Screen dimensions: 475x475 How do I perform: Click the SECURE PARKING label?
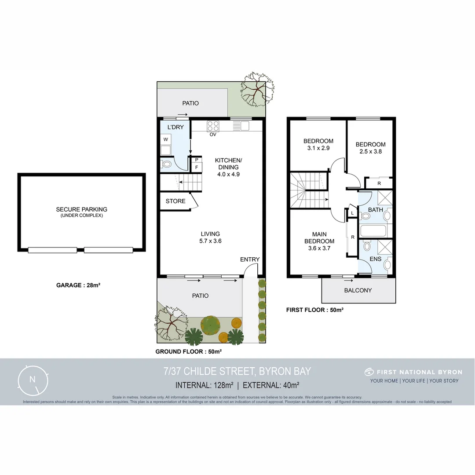click(x=81, y=209)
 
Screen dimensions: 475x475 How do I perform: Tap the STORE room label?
click(x=175, y=201)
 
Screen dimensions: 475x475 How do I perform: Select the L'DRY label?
click(x=175, y=128)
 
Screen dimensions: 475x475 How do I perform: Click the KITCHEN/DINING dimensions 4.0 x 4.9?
click(x=228, y=174)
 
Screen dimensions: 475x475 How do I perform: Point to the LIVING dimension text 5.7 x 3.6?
click(x=210, y=241)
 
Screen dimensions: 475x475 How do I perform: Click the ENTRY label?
click(x=250, y=259)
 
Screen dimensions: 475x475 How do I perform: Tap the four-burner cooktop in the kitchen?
click(x=213, y=125)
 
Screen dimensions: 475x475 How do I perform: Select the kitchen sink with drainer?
click(x=241, y=126)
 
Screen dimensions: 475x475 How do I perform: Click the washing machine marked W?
click(x=166, y=139)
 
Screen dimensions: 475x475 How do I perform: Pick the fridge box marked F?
click(x=197, y=167)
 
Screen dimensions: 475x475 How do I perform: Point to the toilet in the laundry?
click(x=166, y=164)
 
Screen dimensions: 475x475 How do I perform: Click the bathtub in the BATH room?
click(x=373, y=230)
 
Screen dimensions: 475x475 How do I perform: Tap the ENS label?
click(x=375, y=259)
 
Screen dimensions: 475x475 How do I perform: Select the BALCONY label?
click(x=358, y=290)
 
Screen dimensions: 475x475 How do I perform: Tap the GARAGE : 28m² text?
click(x=78, y=285)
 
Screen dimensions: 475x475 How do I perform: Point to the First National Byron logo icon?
click(x=369, y=372)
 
